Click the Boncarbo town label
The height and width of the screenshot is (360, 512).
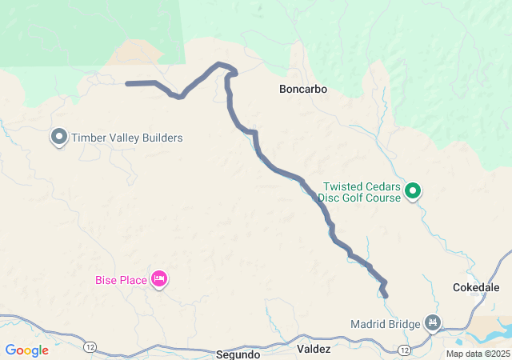(x=303, y=89)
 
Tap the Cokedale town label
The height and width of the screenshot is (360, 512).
(x=476, y=287)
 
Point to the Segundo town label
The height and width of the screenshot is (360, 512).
(x=238, y=354)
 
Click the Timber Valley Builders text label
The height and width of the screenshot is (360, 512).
(x=127, y=138)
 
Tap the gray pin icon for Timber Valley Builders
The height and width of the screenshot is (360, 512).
(x=59, y=137)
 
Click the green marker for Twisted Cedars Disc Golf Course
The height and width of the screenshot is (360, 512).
(x=413, y=190)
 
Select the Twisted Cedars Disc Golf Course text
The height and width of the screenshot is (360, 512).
(x=358, y=191)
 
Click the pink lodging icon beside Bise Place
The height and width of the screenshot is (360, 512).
(x=159, y=278)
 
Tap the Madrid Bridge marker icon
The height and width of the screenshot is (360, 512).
(x=433, y=322)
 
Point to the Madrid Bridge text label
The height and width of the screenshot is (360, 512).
(x=386, y=324)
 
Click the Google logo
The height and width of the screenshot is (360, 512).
(x=26, y=350)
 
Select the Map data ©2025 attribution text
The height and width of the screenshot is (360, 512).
(x=478, y=354)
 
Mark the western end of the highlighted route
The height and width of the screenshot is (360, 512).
(x=128, y=83)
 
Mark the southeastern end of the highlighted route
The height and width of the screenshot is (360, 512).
(x=386, y=296)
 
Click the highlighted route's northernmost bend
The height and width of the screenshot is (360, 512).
(x=220, y=64)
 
